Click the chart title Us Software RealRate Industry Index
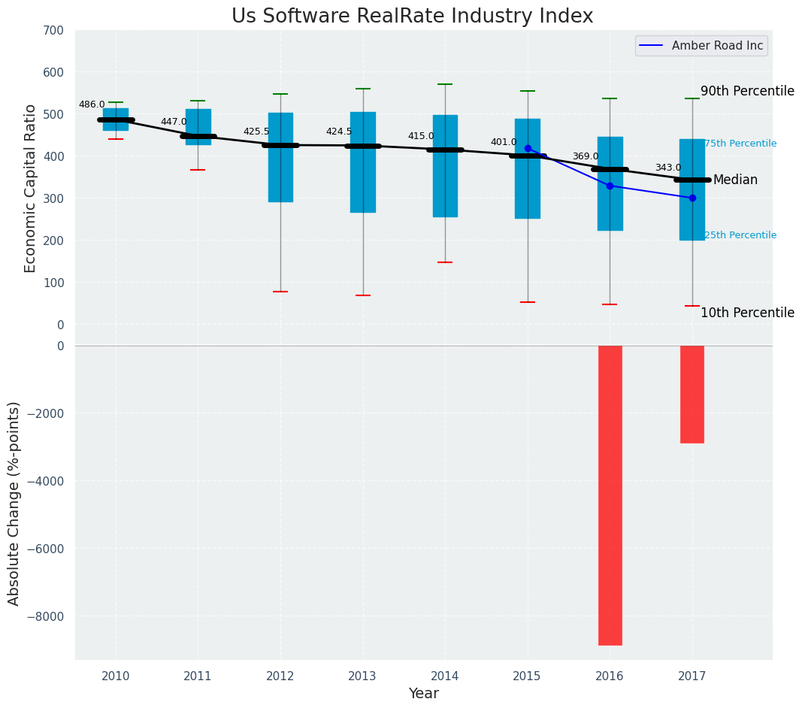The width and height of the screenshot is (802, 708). point(412,17)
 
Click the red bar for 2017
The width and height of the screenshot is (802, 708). point(692,394)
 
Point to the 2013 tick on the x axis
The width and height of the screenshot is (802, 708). point(362,676)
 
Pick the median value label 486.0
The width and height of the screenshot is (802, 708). point(92,104)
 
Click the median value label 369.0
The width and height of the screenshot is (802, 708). point(586,156)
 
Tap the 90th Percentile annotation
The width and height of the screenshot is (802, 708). point(747,91)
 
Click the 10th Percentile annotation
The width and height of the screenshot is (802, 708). point(747,313)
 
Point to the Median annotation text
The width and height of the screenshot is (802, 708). point(735,180)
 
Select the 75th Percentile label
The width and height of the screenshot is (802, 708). point(740,144)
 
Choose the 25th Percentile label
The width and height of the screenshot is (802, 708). point(740,235)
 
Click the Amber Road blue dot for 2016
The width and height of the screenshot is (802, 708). point(610,186)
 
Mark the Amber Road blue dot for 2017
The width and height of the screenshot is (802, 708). point(692,198)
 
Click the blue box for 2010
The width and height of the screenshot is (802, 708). point(116,120)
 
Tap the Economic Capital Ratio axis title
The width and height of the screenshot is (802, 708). point(31,188)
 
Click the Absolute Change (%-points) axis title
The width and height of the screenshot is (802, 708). point(14,503)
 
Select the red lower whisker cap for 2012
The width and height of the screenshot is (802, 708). point(280,292)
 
